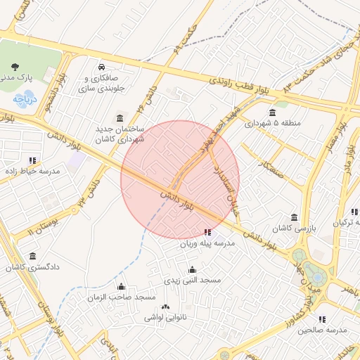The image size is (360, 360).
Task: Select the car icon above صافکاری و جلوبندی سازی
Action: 103,67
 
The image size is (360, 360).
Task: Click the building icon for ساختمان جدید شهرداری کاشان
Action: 120,117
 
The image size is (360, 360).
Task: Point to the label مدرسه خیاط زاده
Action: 33,171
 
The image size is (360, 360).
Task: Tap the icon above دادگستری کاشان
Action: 33,256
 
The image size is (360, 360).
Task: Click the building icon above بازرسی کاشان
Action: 294,217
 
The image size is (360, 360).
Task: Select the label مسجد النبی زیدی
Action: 193,280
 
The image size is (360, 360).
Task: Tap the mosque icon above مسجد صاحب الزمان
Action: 121,286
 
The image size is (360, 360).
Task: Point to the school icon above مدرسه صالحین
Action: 323,319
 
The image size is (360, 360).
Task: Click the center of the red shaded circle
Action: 180,179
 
